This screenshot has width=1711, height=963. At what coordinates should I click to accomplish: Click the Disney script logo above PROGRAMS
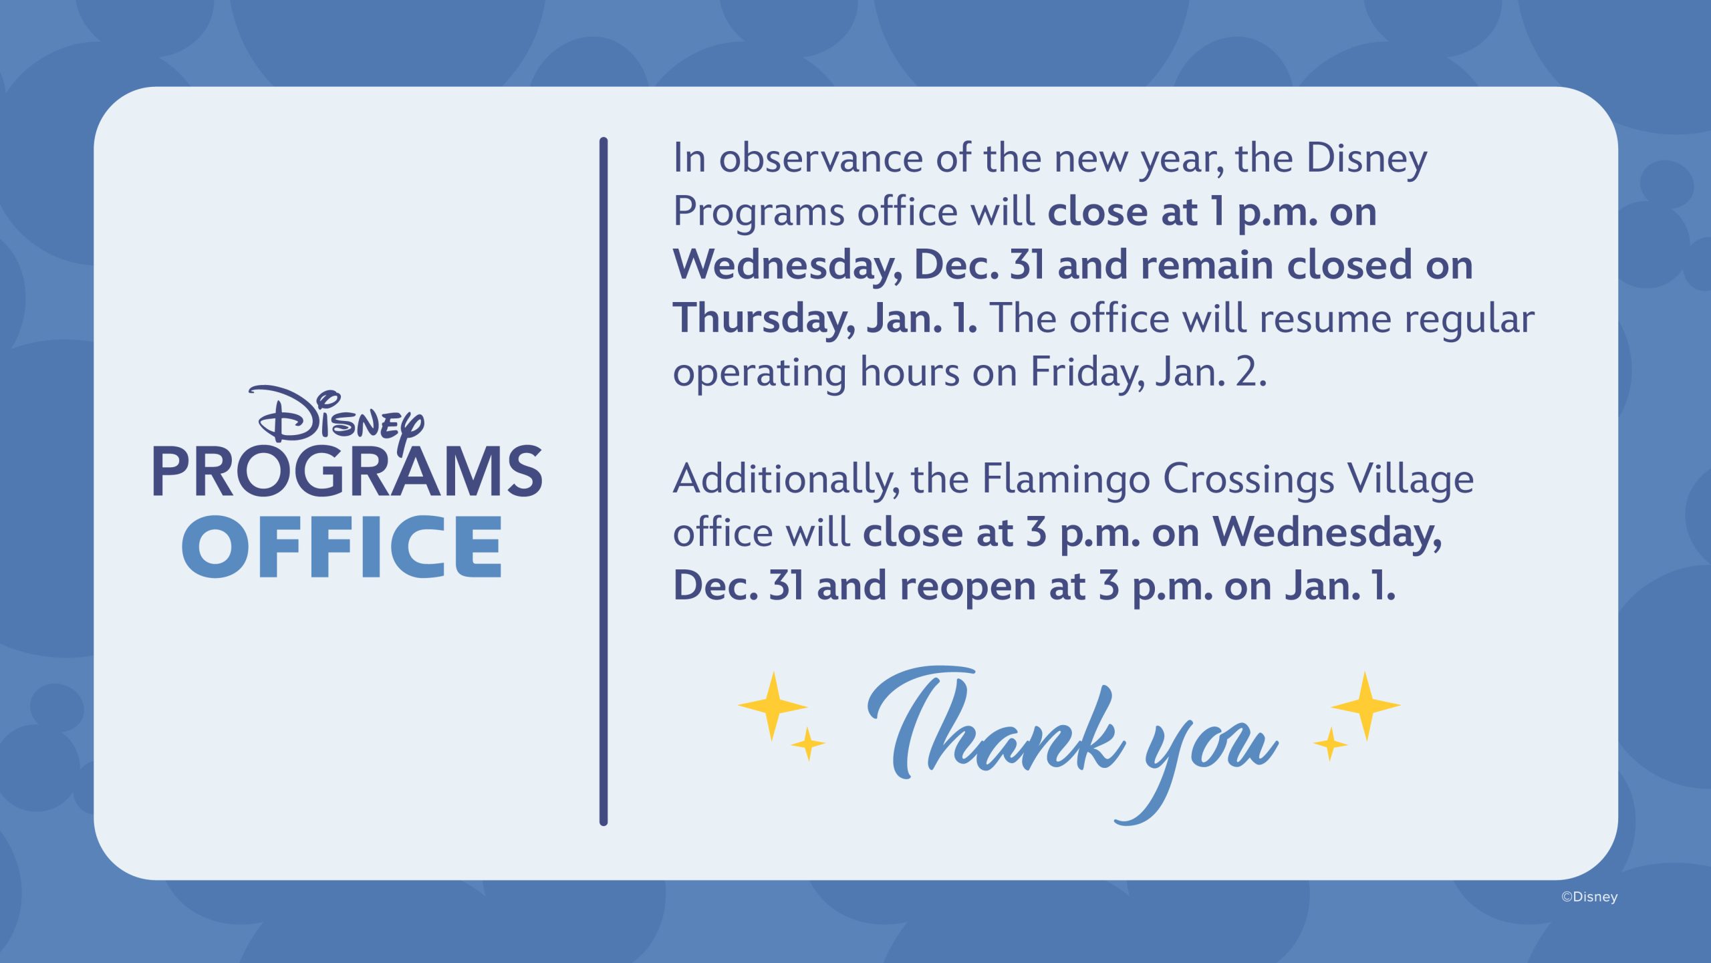[337, 418]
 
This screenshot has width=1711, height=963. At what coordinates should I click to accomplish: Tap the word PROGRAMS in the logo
[348, 472]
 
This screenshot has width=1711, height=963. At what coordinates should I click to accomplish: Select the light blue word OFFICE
[342, 547]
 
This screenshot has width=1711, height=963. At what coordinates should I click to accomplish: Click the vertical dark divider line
[604, 481]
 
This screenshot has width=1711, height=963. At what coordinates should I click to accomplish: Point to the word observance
[821, 158]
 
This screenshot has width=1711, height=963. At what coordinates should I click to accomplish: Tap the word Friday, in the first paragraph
[1087, 372]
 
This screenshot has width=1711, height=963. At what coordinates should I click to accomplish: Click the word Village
[1411, 480]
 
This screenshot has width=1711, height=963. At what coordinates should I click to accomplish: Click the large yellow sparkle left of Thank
[773, 706]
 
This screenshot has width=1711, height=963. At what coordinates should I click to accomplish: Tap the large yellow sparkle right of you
[1365, 706]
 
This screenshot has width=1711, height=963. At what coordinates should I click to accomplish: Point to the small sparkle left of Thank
[808, 743]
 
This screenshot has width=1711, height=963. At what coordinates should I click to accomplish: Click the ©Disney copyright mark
[1589, 897]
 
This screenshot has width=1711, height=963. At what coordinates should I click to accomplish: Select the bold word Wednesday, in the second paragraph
[1327, 534]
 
